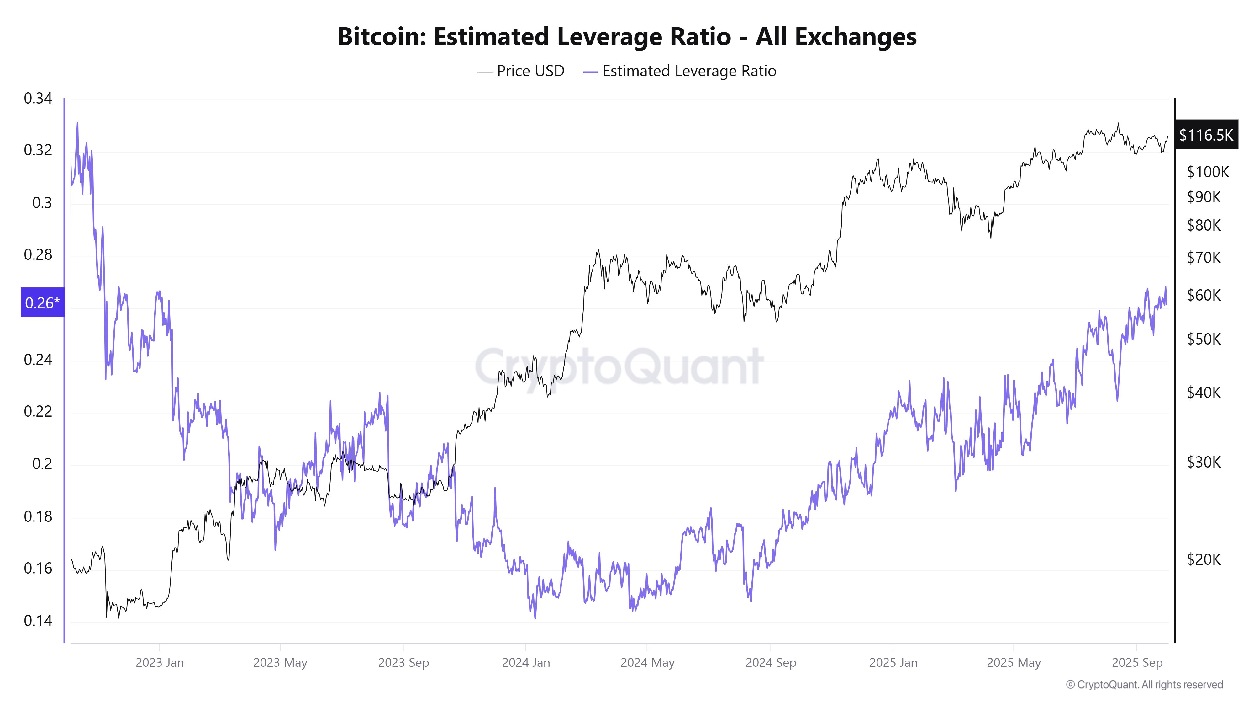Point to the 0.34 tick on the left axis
(38, 99)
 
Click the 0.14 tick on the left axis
(38, 620)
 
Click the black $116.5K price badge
(1206, 135)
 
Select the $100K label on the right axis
(1208, 172)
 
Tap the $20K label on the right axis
(1204, 559)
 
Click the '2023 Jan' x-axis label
(160, 663)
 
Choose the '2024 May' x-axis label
(647, 663)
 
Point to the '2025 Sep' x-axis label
(1137, 663)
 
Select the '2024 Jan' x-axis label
(526, 663)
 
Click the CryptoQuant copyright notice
(1144, 685)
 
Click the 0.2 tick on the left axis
(42, 463)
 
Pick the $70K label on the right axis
(1204, 257)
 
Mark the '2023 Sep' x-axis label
(403, 663)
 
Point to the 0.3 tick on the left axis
(42, 203)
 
